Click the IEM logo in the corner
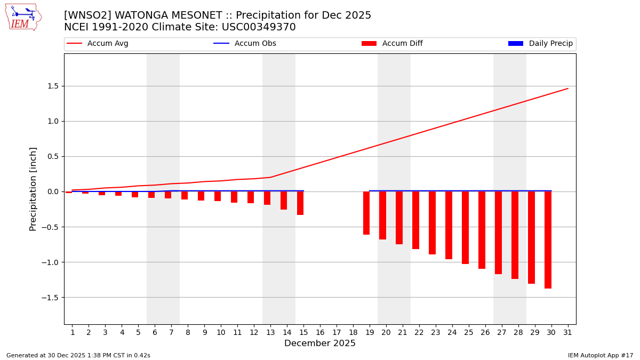coord(23,17)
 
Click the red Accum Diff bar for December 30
coord(548,240)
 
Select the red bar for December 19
coord(366,213)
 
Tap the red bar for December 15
coord(300,203)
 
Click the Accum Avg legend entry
coord(98,44)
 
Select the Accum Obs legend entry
coord(245,44)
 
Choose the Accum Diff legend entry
coord(392,44)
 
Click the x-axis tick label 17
coord(337,332)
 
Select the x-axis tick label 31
coord(567,332)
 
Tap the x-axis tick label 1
coord(73,332)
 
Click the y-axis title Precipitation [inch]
coord(33,189)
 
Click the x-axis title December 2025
coord(320,343)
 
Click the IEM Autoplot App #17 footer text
coord(600,355)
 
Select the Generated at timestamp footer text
coord(78,355)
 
